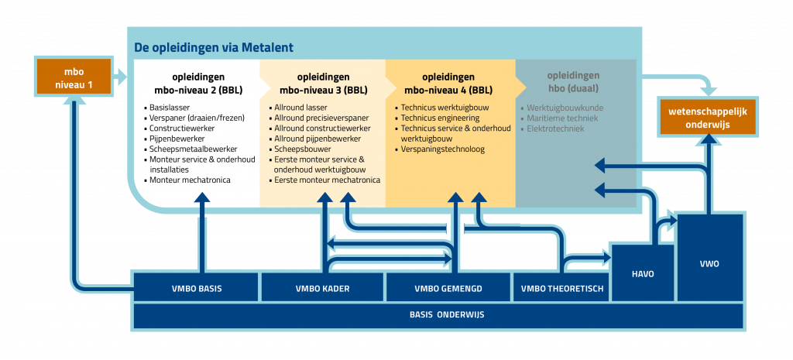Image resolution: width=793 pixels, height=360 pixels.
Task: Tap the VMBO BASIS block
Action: click(x=197, y=289)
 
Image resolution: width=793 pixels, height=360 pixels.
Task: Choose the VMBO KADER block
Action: click(x=322, y=289)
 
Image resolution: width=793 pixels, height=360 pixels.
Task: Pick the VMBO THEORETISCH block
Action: click(x=561, y=289)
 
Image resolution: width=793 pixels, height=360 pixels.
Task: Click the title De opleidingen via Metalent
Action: click(x=214, y=47)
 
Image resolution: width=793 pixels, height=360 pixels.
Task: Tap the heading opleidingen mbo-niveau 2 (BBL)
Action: click(x=196, y=83)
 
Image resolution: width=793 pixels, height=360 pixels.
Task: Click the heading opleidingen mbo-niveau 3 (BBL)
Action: click(x=322, y=83)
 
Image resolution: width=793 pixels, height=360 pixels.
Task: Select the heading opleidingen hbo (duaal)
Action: click(x=573, y=82)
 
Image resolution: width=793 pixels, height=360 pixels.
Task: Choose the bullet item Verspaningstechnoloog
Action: click(x=442, y=149)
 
